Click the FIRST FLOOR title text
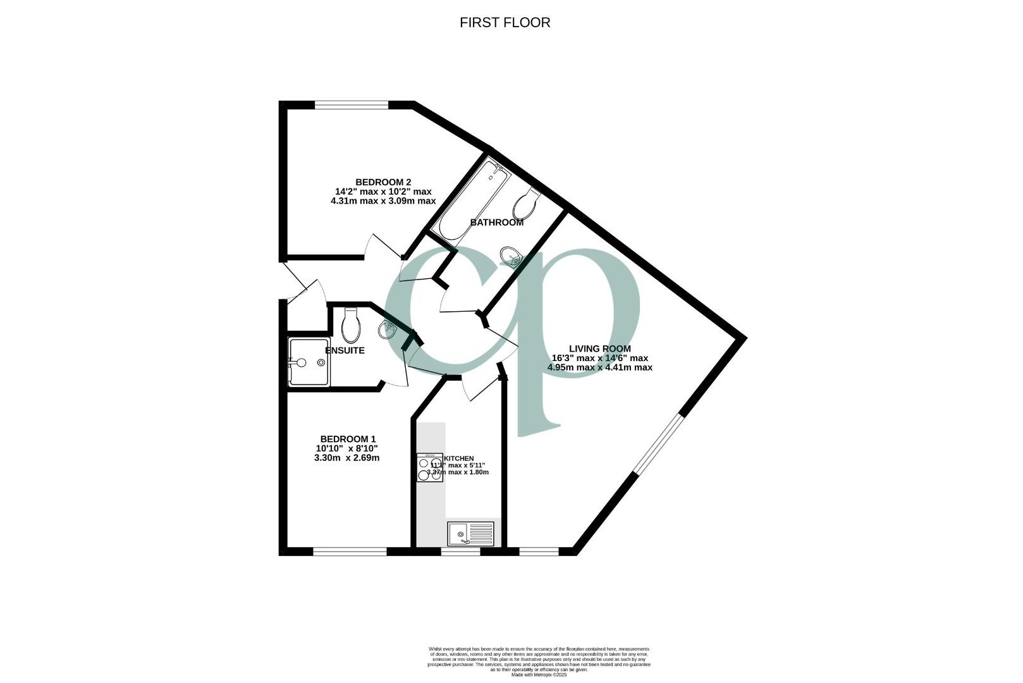505,23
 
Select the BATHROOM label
496,223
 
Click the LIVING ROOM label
599,348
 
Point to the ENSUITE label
345,350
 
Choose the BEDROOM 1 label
348,439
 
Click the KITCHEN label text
460,458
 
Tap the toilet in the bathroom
525,204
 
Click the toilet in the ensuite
350,324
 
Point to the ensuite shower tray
309,362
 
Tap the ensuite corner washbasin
388,329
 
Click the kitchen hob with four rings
430,468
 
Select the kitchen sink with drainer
470,534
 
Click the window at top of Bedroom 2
352,105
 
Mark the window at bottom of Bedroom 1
350,551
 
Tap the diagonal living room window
659,444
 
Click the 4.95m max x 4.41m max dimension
599,367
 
